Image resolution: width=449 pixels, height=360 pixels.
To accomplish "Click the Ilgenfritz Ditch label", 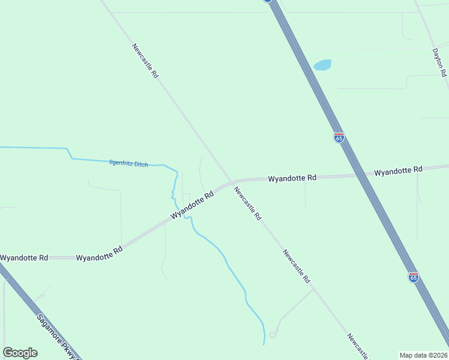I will [x=128, y=163].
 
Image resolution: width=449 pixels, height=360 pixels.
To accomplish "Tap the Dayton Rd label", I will [x=440, y=62].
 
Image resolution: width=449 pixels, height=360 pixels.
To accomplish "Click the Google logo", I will [x=20, y=353].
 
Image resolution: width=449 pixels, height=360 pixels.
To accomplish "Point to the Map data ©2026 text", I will [x=423, y=355].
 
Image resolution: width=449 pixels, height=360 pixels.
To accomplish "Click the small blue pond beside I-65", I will [x=322, y=65].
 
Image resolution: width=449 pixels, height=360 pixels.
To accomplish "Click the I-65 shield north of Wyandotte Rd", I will [x=339, y=137].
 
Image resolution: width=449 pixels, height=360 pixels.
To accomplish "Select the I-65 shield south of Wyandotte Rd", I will [x=414, y=277].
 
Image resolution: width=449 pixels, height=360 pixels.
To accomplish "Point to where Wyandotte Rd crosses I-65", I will [x=360, y=175].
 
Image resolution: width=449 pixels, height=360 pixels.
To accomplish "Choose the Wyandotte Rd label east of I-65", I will [x=398, y=172].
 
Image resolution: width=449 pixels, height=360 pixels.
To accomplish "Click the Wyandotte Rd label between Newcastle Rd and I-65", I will [x=292, y=178].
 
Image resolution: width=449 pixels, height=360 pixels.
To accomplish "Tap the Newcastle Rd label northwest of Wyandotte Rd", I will [x=145, y=61].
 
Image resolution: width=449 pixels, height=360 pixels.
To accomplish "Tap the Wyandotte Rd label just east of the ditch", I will [x=192, y=205].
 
